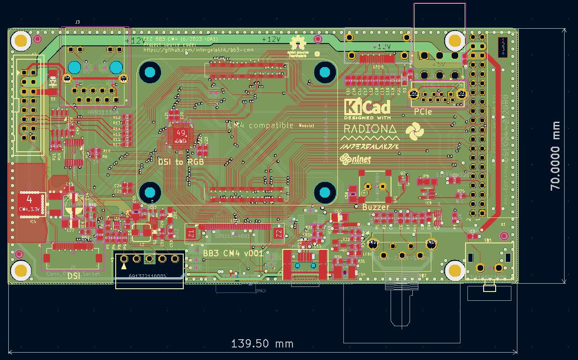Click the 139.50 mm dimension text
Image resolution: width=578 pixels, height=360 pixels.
(262, 344)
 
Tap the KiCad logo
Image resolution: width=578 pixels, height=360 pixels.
(367, 107)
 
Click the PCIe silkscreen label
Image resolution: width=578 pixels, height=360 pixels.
(423, 112)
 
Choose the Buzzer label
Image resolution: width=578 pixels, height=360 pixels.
(376, 207)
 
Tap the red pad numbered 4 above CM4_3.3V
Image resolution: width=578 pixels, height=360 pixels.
(30, 200)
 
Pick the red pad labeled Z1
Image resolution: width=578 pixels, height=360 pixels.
(192, 234)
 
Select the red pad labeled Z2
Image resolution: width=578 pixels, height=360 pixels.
(279, 234)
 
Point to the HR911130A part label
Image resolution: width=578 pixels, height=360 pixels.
(103, 112)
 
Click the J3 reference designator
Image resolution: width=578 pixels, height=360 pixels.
(77, 22)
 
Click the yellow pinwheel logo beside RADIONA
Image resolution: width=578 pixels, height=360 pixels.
(414, 131)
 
